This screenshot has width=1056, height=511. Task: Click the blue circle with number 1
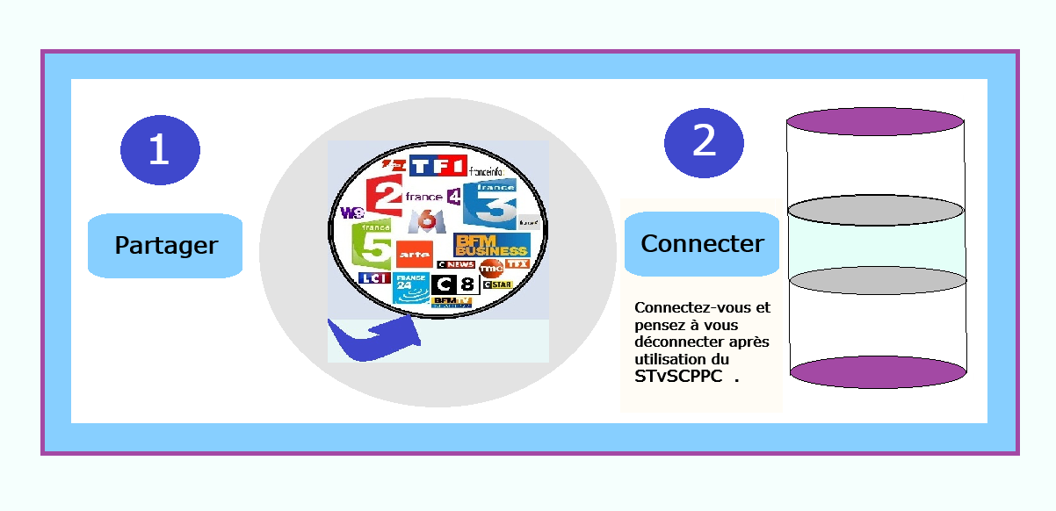pyautogui.click(x=160, y=149)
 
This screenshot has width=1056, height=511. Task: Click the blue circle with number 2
pyautogui.click(x=704, y=142)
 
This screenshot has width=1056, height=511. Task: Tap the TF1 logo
pyautogui.click(x=438, y=166)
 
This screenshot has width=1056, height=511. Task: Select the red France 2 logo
pyautogui.click(x=383, y=195)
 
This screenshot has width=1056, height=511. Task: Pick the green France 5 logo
pyautogui.click(x=372, y=246)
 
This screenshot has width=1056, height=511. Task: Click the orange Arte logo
pyautogui.click(x=413, y=254)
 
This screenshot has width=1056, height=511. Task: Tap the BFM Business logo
pyautogui.click(x=491, y=245)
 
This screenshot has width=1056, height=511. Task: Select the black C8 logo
pyautogui.click(x=455, y=284)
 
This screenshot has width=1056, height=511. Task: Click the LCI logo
pyautogui.click(x=373, y=278)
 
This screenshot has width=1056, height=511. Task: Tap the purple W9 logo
pyautogui.click(x=351, y=212)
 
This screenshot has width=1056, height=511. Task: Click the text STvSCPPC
pyautogui.click(x=678, y=377)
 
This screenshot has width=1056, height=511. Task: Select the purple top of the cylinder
pyautogui.click(x=875, y=121)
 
